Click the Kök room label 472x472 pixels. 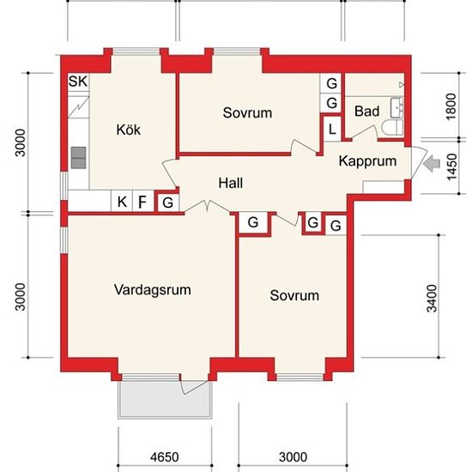pos(128,130)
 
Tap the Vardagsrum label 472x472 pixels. pos(152,290)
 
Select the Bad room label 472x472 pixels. pos(366,111)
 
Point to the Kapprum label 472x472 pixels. pos(367,161)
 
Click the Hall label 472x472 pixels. pos(231,183)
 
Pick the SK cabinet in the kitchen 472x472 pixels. pos(78,82)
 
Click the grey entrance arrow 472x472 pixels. pos(432,164)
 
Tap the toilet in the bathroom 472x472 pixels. pos(392,128)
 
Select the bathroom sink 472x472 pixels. pos(396,107)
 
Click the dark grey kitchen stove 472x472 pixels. pos(79,158)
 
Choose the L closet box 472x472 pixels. pos(332,129)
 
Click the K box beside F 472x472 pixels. pos(122,202)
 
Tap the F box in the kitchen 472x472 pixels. pos(143,202)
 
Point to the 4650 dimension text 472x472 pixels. pos(165,457)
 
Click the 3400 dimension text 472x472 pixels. pos(432,299)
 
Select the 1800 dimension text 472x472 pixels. pos(451,107)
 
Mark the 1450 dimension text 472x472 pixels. pos(451,167)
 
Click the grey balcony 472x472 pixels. pos(165,399)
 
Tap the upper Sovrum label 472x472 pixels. pos(247,113)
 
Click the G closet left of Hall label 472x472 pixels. pos(167,203)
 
